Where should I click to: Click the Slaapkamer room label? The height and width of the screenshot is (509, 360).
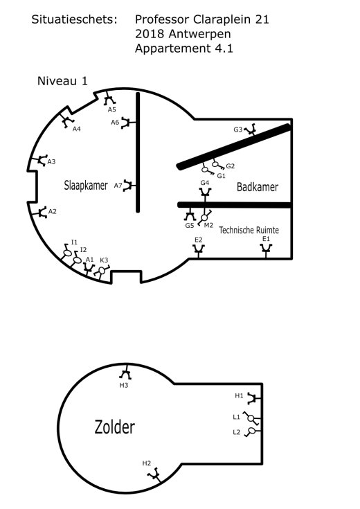tap(86, 186)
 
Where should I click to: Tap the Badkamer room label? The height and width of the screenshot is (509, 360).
tap(258, 187)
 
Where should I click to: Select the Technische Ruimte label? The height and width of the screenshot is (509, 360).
tap(249, 230)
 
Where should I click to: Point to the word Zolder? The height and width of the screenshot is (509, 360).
tap(115, 427)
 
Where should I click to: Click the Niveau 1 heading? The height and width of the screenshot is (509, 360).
tap(62, 81)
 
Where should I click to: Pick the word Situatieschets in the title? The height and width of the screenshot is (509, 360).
tap(74, 19)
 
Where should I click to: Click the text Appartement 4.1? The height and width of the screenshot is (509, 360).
tap(184, 48)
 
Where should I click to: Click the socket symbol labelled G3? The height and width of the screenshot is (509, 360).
tap(251, 130)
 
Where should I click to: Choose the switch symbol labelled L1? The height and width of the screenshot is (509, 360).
tap(251, 418)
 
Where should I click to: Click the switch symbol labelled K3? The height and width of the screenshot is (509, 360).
tap(102, 271)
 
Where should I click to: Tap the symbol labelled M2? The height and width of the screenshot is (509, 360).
tap(205, 217)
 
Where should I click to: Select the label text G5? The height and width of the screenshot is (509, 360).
tap(190, 225)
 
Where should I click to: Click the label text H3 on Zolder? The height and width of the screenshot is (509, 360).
tap(124, 385)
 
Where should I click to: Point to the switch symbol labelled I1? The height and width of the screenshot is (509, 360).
tap(67, 252)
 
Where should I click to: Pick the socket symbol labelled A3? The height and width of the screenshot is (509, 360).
tap(41, 160)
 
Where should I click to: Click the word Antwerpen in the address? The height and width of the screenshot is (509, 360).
tap(199, 34)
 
